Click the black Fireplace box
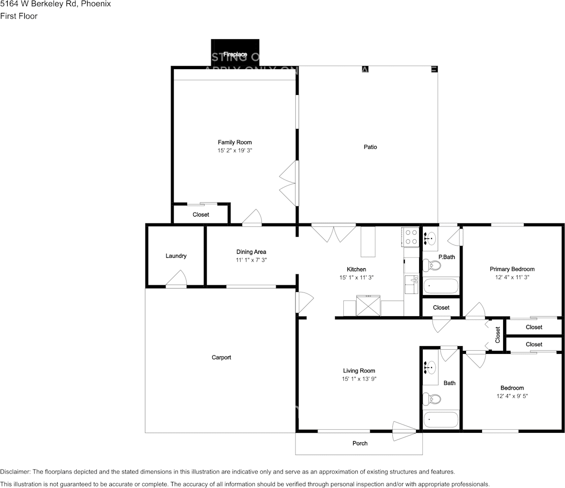[x=235, y=52]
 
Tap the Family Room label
[x=235, y=142]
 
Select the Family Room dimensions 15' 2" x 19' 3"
[x=235, y=151]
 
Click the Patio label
[x=370, y=147]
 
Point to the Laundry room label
[x=176, y=256]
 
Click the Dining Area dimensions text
[x=251, y=260]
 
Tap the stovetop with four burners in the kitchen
[x=411, y=237]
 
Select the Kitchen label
[x=356, y=269]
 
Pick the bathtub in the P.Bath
[x=441, y=286]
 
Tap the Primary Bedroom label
[x=512, y=269]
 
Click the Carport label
[x=221, y=357]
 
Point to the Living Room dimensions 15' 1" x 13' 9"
[x=359, y=379]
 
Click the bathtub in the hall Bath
[x=441, y=419]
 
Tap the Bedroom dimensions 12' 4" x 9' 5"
[x=512, y=396]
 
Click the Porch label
[x=360, y=443]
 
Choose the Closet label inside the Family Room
[x=201, y=215]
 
